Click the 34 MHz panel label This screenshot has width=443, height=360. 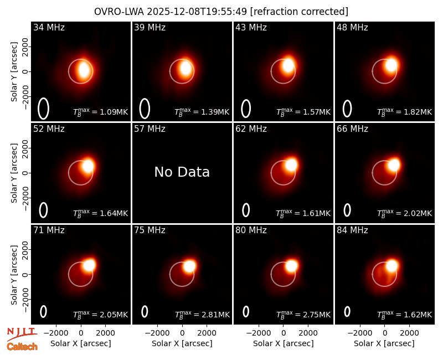pyautogui.click(x=49, y=27)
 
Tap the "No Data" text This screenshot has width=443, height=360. pyautogui.click(x=182, y=172)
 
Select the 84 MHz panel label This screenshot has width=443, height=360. pyautogui.click(x=352, y=230)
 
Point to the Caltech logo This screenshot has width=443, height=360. pyautogui.click(x=22, y=347)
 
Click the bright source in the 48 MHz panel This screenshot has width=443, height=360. pyautogui.click(x=392, y=65)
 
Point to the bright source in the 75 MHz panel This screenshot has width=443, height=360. pyautogui.click(x=189, y=266)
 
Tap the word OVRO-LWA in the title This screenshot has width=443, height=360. pyautogui.click(x=119, y=12)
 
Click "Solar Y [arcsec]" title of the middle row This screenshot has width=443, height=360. pyautogui.click(x=14, y=173)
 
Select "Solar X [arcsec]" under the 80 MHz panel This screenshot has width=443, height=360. pyautogui.click(x=283, y=343)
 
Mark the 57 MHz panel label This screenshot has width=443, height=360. pyautogui.click(x=150, y=129)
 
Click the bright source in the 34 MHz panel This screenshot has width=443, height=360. pyautogui.click(x=84, y=70)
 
